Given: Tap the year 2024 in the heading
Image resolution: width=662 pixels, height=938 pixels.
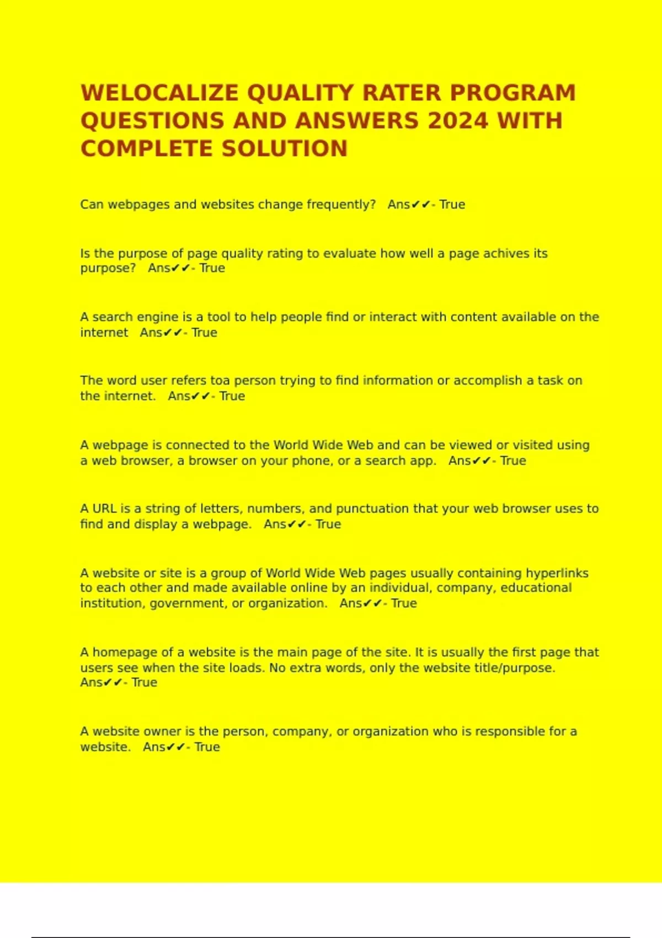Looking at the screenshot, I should tap(458, 121).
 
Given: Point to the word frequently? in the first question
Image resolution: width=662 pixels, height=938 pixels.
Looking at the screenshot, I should tap(341, 205).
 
